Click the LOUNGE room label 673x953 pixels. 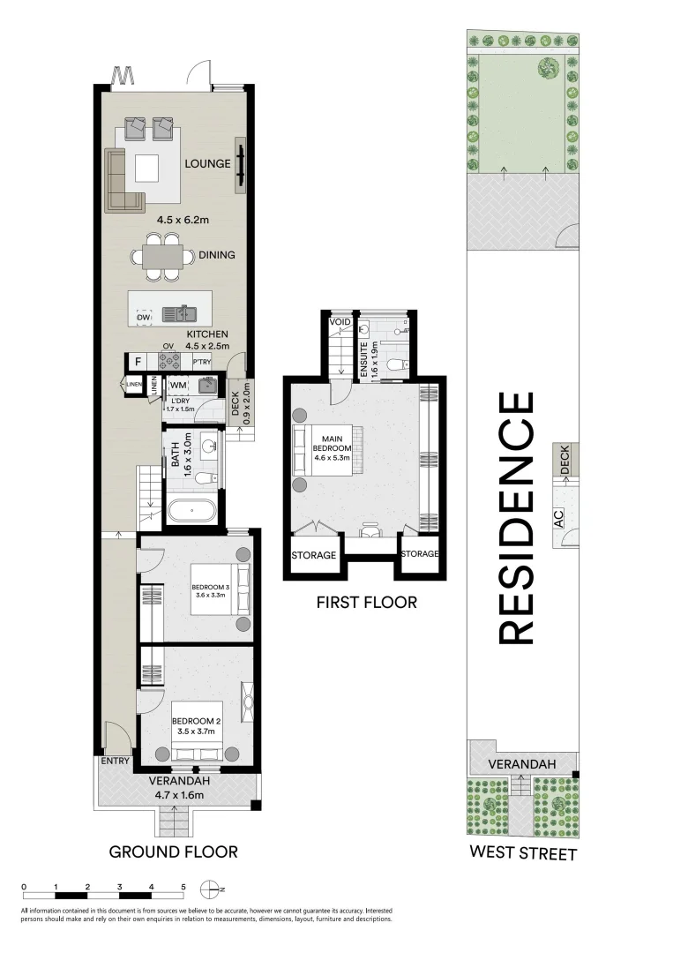click(x=207, y=163)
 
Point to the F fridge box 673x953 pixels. click(x=137, y=361)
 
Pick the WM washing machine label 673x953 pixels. click(x=177, y=385)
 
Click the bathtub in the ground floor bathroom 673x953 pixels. click(x=191, y=511)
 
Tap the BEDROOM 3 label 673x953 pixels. click(x=211, y=589)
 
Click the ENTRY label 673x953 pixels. click(x=116, y=762)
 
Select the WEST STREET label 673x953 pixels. click(x=523, y=853)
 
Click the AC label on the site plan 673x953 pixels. click(x=559, y=521)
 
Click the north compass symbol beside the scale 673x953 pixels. click(x=211, y=889)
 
